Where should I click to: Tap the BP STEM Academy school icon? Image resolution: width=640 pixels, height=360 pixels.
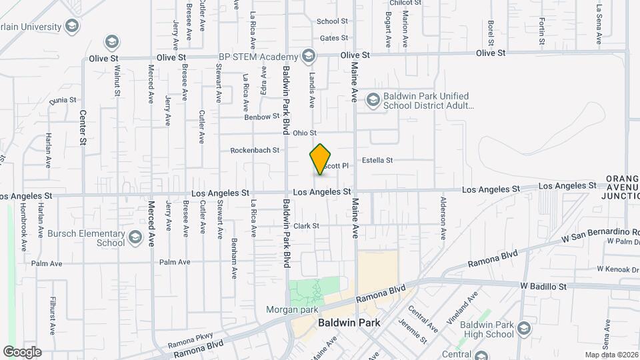point(308,56)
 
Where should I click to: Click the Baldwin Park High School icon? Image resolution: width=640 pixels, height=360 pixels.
point(524,329)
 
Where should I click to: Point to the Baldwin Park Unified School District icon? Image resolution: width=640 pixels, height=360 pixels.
point(373,100)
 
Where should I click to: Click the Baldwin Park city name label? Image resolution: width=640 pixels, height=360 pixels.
point(349,323)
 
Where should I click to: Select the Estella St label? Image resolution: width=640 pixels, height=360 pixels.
point(377,160)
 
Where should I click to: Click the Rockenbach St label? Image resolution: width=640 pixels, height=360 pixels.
point(255,150)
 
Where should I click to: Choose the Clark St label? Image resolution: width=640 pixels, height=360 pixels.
point(307,226)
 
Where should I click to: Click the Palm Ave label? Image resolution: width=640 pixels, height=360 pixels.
point(175,262)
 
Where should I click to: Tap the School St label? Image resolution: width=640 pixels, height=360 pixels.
point(333,21)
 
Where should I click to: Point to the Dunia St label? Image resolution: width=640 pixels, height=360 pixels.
point(64,101)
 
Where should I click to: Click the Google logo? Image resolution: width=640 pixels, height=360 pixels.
point(22,351)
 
